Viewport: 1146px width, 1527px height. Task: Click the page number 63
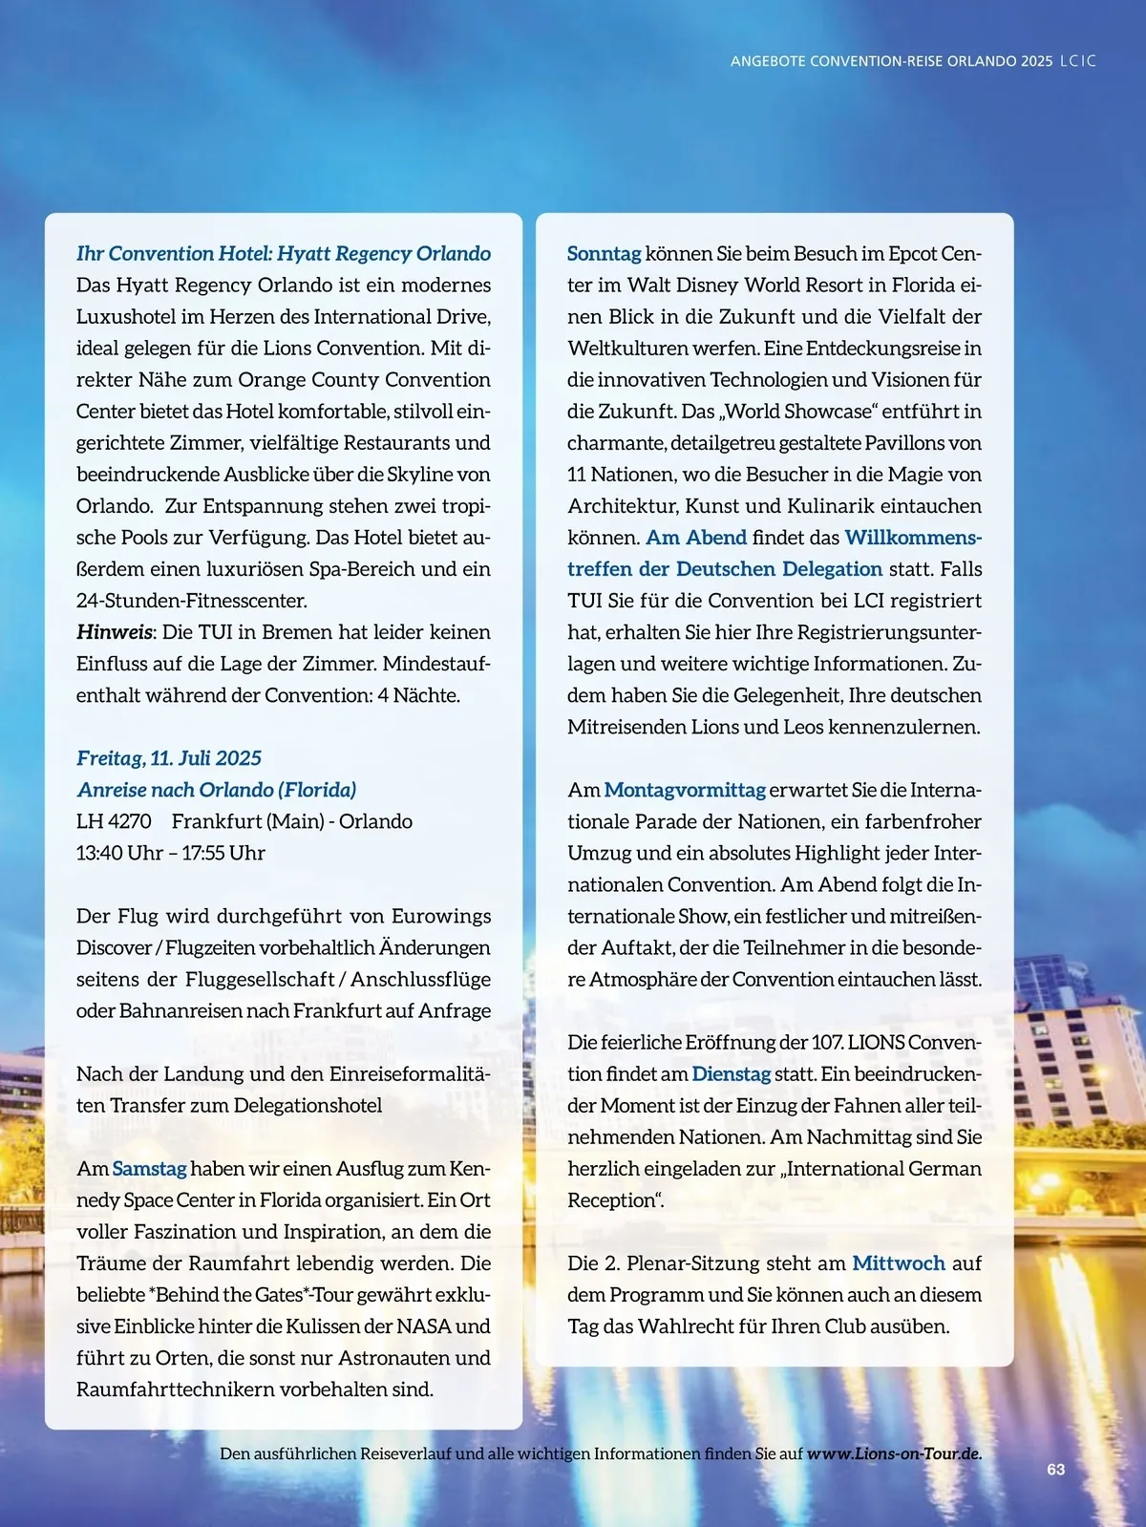pyautogui.click(x=1055, y=1470)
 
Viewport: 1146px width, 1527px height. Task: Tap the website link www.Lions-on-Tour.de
pyautogui.click(x=894, y=1453)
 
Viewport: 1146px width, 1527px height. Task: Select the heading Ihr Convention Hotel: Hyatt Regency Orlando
pyautogui.click(x=284, y=253)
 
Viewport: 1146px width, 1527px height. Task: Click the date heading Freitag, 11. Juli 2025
pyautogui.click(x=169, y=758)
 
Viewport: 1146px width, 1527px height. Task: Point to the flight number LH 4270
pyautogui.click(x=114, y=821)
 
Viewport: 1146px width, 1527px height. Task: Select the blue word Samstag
pyautogui.click(x=149, y=1169)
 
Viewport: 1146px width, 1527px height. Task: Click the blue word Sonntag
pyautogui.click(x=604, y=253)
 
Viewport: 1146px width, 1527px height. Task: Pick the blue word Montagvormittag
pyautogui.click(x=685, y=790)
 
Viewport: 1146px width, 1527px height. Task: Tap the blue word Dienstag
pyautogui.click(x=731, y=1073)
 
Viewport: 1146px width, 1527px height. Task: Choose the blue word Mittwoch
pyautogui.click(x=899, y=1263)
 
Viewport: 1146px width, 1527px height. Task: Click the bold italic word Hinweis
pyautogui.click(x=115, y=632)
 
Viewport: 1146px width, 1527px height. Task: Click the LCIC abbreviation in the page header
pyautogui.click(x=1078, y=61)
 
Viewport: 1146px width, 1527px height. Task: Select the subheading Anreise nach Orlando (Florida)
pyautogui.click(x=217, y=790)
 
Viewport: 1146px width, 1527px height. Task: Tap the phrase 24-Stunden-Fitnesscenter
pyautogui.click(x=191, y=601)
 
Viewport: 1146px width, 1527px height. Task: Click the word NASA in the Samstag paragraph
pyautogui.click(x=423, y=1326)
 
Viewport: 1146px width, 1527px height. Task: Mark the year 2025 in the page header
pyautogui.click(x=1036, y=61)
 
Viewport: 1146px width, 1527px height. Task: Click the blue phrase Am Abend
pyautogui.click(x=696, y=538)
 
